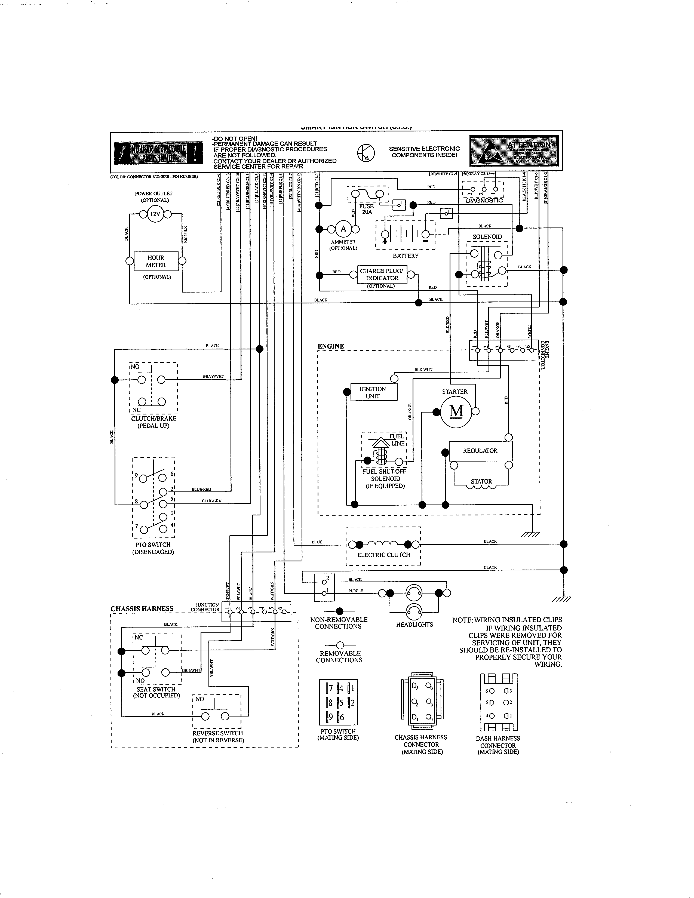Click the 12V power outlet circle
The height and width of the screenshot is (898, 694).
click(x=155, y=214)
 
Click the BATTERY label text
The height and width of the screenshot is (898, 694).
click(x=406, y=256)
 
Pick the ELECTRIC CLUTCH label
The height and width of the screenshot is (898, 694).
click(x=383, y=555)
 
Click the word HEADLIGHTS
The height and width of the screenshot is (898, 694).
click(x=414, y=625)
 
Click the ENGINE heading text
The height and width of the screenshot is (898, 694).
click(x=331, y=346)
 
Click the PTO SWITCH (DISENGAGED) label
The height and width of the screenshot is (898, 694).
click(x=153, y=548)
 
